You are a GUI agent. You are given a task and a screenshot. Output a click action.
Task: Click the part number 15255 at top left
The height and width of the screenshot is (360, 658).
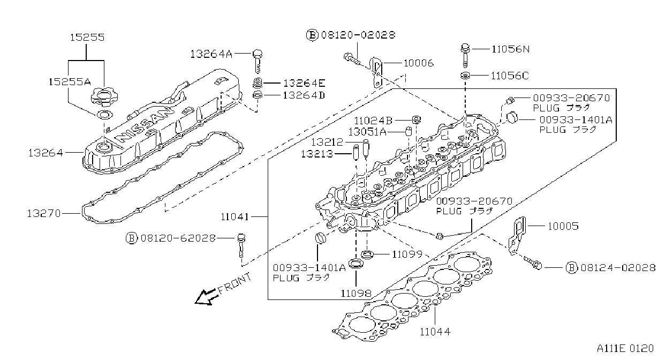[x=87, y=37]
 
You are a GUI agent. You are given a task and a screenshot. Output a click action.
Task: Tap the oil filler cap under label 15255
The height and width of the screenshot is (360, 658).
[x=104, y=97]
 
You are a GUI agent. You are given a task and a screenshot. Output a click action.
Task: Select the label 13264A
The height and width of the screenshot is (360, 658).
[x=211, y=54]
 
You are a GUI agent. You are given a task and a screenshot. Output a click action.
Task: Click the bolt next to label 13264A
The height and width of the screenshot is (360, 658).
[x=258, y=61]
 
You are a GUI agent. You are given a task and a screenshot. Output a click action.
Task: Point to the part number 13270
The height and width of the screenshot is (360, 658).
[x=44, y=213]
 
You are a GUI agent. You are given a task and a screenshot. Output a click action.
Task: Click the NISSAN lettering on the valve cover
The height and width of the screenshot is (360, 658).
[x=143, y=124]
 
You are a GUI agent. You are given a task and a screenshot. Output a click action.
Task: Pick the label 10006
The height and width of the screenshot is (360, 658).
[x=419, y=63]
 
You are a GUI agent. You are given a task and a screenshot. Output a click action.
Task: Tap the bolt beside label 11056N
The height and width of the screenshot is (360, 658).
[x=465, y=56]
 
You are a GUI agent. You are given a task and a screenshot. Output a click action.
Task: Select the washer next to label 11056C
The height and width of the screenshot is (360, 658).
[x=465, y=76]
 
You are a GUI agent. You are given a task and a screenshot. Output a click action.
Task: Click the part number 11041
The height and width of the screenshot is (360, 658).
[x=235, y=217]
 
